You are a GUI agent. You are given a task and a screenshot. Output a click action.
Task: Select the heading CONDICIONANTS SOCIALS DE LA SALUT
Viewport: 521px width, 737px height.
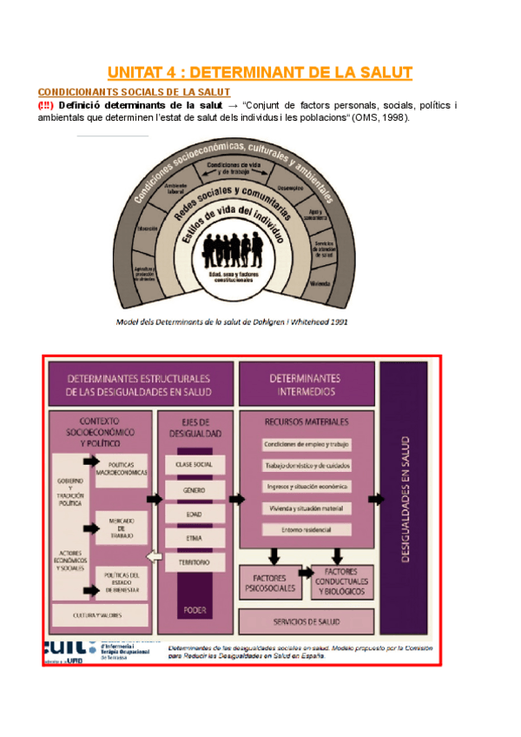click(134, 92)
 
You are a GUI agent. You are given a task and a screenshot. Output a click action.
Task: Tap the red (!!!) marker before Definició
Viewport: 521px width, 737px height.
click(46, 106)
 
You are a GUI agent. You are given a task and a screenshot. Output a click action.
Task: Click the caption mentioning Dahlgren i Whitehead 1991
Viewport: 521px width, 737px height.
click(232, 321)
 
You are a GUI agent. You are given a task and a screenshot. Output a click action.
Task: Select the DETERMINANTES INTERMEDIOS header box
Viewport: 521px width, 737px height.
click(306, 384)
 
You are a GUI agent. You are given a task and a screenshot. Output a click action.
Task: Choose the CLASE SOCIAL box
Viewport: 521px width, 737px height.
click(194, 464)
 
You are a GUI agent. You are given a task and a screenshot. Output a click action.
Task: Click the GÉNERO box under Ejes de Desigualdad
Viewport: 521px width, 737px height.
click(194, 489)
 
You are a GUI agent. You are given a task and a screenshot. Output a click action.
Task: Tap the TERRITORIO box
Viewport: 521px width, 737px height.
click(194, 562)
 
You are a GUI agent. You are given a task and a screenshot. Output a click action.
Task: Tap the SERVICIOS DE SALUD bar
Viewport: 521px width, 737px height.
click(306, 622)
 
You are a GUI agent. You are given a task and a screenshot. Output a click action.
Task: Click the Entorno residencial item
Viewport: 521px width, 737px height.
click(306, 529)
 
